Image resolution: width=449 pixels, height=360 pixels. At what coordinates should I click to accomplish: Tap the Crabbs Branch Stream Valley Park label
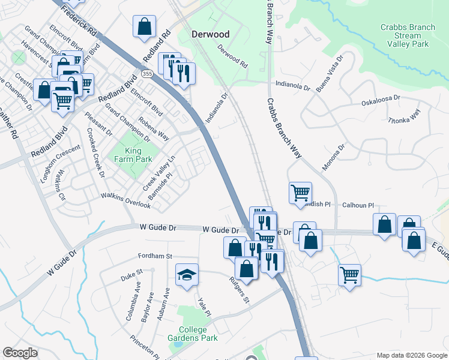(x=408, y=35)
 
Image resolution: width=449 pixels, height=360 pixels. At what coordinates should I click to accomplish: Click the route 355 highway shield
(x=146, y=73)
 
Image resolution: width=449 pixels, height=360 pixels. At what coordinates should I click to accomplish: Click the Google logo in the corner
(x=20, y=353)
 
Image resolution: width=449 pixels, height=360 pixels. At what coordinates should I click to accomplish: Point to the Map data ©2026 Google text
(x=411, y=355)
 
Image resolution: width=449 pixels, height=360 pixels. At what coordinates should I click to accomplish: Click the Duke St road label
(x=131, y=275)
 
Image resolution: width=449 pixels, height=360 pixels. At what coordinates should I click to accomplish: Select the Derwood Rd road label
(x=232, y=55)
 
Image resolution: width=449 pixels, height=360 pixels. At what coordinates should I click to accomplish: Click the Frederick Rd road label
(x=79, y=22)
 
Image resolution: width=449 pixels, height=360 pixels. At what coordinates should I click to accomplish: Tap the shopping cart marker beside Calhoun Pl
(x=300, y=193)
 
